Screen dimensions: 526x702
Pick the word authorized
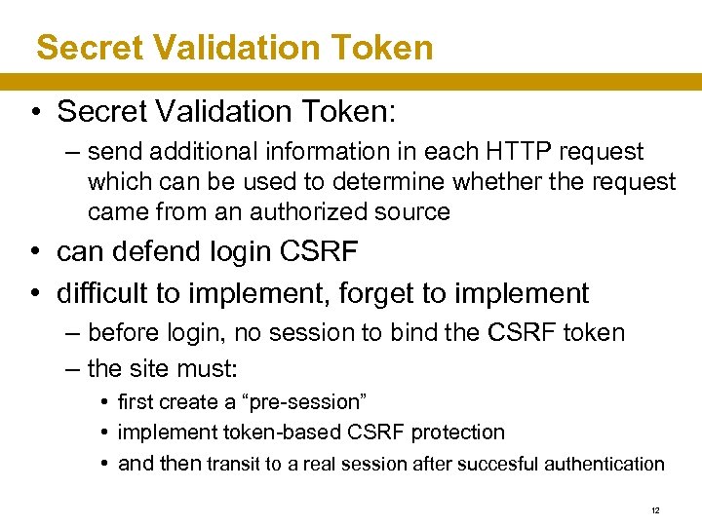coord(318,211)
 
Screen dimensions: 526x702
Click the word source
coord(414,211)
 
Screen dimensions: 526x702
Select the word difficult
coord(105,292)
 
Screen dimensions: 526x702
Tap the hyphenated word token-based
coord(275,432)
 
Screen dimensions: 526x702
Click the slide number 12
coord(656,509)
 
